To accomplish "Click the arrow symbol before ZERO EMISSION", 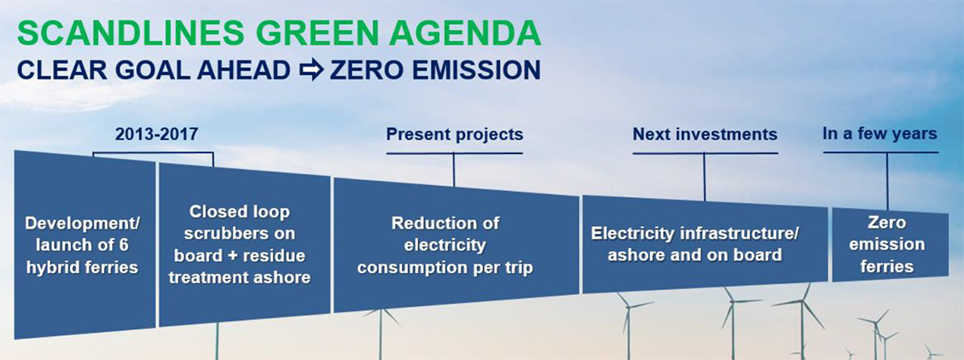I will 311,70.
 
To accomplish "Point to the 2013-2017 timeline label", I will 156,134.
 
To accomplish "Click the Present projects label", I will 454,134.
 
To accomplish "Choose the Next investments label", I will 705,134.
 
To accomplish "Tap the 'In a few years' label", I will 880,133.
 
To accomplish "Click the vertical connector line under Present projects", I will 454,169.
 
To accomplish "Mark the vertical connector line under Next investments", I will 705,177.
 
